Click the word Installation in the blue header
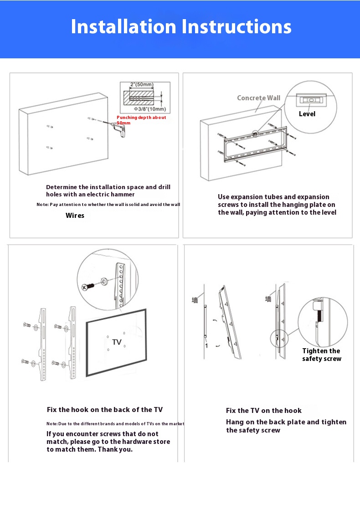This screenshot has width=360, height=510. click(x=123, y=27)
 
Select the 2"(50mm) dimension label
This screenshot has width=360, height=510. click(x=141, y=85)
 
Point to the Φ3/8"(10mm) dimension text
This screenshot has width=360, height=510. click(x=150, y=109)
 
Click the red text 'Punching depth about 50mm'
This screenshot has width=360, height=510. click(x=141, y=120)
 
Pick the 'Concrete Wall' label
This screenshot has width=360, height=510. click(x=258, y=98)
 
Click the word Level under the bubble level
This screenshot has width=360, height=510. click(x=307, y=114)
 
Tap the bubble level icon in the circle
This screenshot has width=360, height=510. click(x=311, y=99)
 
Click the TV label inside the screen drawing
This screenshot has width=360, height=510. click(x=117, y=342)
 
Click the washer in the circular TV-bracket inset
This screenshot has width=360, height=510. click(x=104, y=281)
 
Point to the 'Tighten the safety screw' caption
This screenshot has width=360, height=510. click(x=322, y=355)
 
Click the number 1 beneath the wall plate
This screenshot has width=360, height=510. click(x=206, y=346)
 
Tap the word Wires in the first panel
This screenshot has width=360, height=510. click(x=75, y=216)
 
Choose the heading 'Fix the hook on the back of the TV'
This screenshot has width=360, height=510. click(x=105, y=410)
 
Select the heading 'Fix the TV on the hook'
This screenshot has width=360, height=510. click(x=264, y=411)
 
